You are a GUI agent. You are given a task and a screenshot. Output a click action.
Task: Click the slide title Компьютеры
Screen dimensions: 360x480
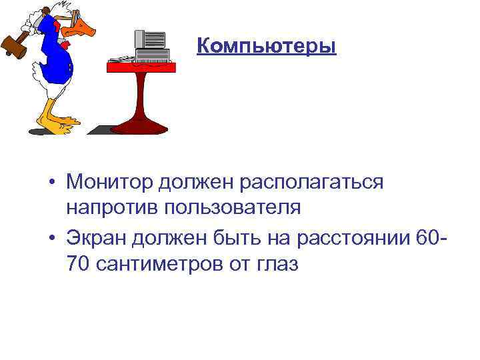[267, 47]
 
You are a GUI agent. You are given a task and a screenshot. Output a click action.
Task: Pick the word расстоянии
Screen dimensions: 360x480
[351, 238]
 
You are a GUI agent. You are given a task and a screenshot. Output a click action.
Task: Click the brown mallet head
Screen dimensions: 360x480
[12, 48]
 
